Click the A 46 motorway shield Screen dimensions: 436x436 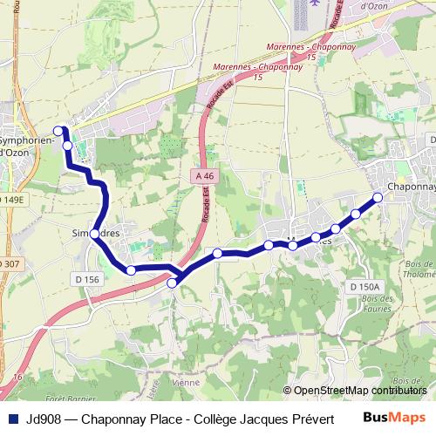pyautogui.click(x=204, y=175)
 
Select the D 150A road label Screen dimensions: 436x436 pyautogui.click(x=365, y=287)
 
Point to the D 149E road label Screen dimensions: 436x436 pyautogui.click(x=13, y=200)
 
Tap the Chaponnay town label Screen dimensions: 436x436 pyautogui.click(x=410, y=187)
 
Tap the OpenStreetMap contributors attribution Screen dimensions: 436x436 pyautogui.click(x=358, y=391)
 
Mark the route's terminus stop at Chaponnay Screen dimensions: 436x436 pyautogui.click(x=378, y=197)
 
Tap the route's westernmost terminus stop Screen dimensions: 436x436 pyautogui.click(x=58, y=131)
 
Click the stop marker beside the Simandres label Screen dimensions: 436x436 pyautogui.click(x=94, y=234)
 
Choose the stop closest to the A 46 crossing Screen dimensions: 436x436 pyautogui.click(x=174, y=281)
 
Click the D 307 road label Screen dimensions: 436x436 pyautogui.click(x=10, y=263)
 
